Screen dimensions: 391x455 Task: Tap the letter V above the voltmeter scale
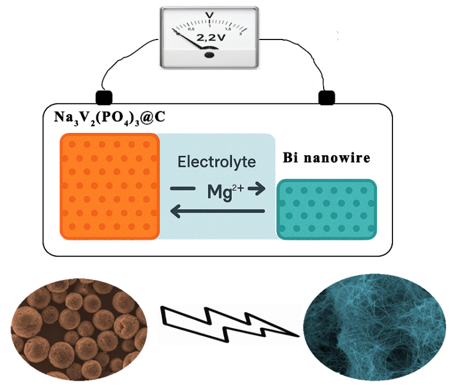pyautogui.click(x=210, y=15)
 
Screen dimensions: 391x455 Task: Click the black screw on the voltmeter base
pyautogui.click(x=210, y=55)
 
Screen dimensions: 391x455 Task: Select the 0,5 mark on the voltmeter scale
pyautogui.click(x=191, y=29)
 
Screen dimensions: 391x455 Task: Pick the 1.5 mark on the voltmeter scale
pyautogui.click(x=227, y=28)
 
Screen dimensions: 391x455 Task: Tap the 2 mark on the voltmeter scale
pyautogui.click(x=241, y=33)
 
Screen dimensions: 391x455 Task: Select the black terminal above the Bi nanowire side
pyautogui.click(x=325, y=98)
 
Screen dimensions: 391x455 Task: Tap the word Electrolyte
pyautogui.click(x=217, y=162)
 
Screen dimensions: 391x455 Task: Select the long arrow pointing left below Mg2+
pyautogui.click(x=217, y=212)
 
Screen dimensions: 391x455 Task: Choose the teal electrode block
pyautogui.click(x=326, y=209)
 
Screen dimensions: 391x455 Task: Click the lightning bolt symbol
pyautogui.click(x=228, y=322)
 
